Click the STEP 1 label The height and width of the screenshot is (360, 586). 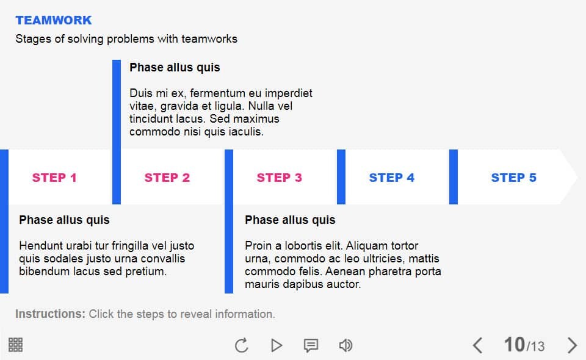54,178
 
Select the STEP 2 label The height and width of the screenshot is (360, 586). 167,178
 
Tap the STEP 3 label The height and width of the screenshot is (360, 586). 279,178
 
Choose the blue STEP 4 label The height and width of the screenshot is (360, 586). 391,178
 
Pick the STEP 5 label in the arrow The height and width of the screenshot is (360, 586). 513,178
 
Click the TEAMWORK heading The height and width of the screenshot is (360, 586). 54,20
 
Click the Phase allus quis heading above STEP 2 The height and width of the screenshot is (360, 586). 175,67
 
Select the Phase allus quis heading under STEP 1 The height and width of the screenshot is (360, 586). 64,220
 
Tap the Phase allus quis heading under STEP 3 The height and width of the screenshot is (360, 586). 290,220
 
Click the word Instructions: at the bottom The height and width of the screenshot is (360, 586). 50,314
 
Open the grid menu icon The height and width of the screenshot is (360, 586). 16,345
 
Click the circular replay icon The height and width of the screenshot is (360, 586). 242,345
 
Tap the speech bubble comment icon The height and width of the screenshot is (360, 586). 311,345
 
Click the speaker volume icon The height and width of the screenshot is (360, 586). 345,345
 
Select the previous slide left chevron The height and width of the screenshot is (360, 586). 478,345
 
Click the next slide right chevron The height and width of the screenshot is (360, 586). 572,345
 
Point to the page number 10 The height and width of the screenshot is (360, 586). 514,345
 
